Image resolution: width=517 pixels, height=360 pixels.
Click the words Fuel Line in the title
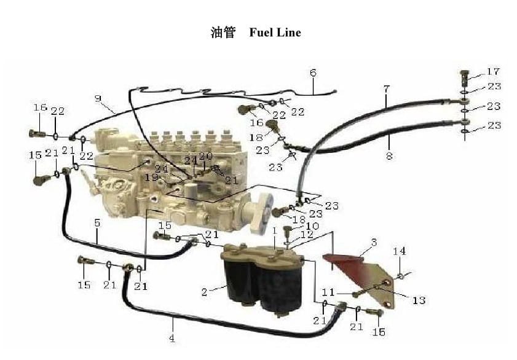275,33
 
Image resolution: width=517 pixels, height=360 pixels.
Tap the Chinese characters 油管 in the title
223,33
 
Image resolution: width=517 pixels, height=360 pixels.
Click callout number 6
313,73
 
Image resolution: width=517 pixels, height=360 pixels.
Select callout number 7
386,89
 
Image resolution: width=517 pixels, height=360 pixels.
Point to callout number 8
389,156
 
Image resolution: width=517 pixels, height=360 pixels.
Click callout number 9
98,98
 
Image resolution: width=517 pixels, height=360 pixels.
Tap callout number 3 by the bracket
373,243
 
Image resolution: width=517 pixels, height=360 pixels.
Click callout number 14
400,251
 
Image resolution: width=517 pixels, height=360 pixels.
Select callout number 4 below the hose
172,338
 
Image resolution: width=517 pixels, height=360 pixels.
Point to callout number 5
97,223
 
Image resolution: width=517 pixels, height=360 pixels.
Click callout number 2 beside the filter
204,292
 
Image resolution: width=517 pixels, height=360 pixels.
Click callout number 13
419,300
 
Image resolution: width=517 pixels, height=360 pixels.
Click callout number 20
205,156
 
